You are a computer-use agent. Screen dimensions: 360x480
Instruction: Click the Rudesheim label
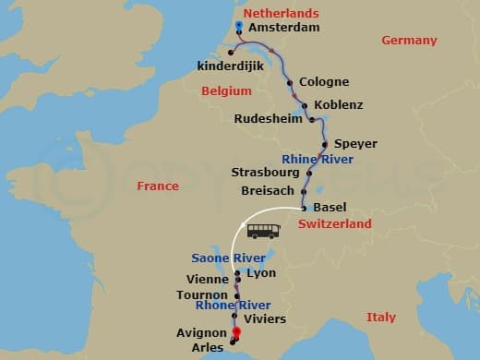coord(269,119)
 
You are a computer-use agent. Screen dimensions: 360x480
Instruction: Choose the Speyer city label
coord(355,144)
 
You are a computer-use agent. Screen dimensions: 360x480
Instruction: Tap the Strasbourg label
coord(265,173)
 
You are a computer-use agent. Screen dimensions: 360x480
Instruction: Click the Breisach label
coord(267,190)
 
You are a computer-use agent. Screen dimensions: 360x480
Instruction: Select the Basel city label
coord(330,208)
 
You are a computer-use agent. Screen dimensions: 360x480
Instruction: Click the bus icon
coord(263,231)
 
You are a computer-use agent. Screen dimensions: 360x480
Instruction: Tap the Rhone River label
coord(233,306)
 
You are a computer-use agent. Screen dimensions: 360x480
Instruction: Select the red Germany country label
coord(409,41)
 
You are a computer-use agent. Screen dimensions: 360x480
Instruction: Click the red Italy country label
coord(380,318)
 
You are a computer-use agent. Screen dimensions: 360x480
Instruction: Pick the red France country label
coord(158,186)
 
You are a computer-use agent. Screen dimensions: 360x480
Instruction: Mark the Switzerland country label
coord(335,224)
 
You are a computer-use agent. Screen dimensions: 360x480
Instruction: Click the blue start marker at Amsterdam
coord(239,25)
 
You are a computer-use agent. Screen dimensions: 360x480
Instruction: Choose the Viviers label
coord(265,318)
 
